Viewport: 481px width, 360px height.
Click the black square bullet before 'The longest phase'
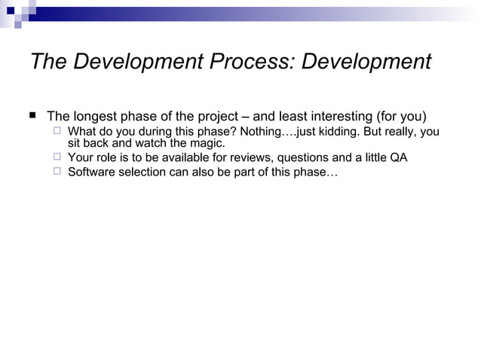32,116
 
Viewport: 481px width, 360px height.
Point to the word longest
100,117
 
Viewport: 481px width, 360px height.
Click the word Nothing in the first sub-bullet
263,132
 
